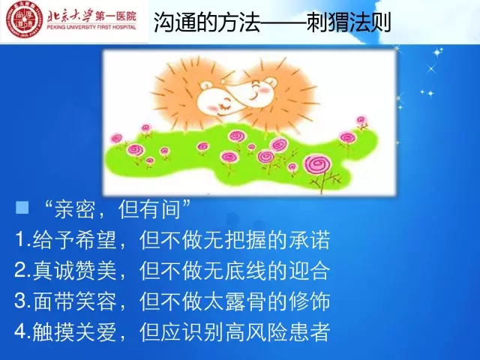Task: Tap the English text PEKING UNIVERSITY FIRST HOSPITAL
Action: (x=91, y=27)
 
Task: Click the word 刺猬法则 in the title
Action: (x=349, y=22)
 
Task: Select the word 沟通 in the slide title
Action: (x=175, y=22)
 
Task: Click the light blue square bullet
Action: (x=22, y=207)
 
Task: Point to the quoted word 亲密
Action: (x=74, y=210)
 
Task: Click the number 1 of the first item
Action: (x=19, y=239)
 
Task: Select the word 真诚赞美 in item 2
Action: (x=74, y=270)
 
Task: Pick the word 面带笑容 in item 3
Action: (x=74, y=301)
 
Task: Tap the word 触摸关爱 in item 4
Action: (x=74, y=331)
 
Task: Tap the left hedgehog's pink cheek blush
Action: (x=211, y=106)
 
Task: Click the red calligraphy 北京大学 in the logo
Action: (x=70, y=16)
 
